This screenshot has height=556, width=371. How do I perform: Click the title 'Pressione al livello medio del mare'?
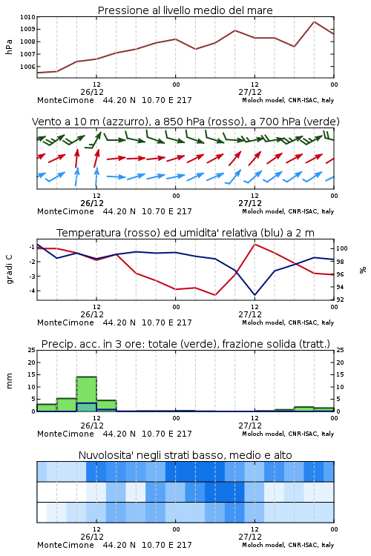[185, 10]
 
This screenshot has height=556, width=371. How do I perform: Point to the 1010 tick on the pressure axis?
[27, 17]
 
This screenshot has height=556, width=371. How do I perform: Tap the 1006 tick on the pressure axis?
[27, 67]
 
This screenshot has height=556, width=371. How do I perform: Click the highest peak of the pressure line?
[314, 21]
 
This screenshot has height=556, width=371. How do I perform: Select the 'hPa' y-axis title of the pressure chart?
[9, 47]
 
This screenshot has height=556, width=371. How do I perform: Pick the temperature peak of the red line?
[255, 244]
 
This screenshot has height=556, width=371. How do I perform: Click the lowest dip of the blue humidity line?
[255, 294]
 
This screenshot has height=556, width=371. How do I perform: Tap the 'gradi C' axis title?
[10, 269]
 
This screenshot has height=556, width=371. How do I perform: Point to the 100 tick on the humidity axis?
[341, 248]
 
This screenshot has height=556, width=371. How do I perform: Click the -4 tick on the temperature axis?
[32, 291]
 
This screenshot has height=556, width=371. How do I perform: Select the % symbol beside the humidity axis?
[363, 270]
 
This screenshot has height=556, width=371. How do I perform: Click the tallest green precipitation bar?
[86, 394]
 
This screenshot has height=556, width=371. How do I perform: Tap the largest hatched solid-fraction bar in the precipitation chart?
[86, 407]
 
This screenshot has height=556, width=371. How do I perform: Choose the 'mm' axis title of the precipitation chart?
[9, 380]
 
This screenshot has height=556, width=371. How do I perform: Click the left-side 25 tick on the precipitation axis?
[32, 350]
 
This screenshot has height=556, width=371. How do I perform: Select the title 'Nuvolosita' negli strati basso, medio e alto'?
[185, 455]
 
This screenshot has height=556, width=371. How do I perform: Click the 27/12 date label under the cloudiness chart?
[250, 537]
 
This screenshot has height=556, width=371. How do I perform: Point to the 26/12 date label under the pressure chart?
[92, 92]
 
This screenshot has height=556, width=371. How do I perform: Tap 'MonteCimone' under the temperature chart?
[65, 322]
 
